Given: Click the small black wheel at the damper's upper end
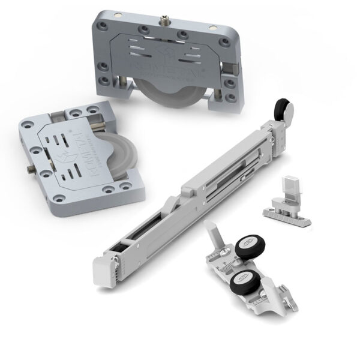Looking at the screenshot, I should pos(280,109).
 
